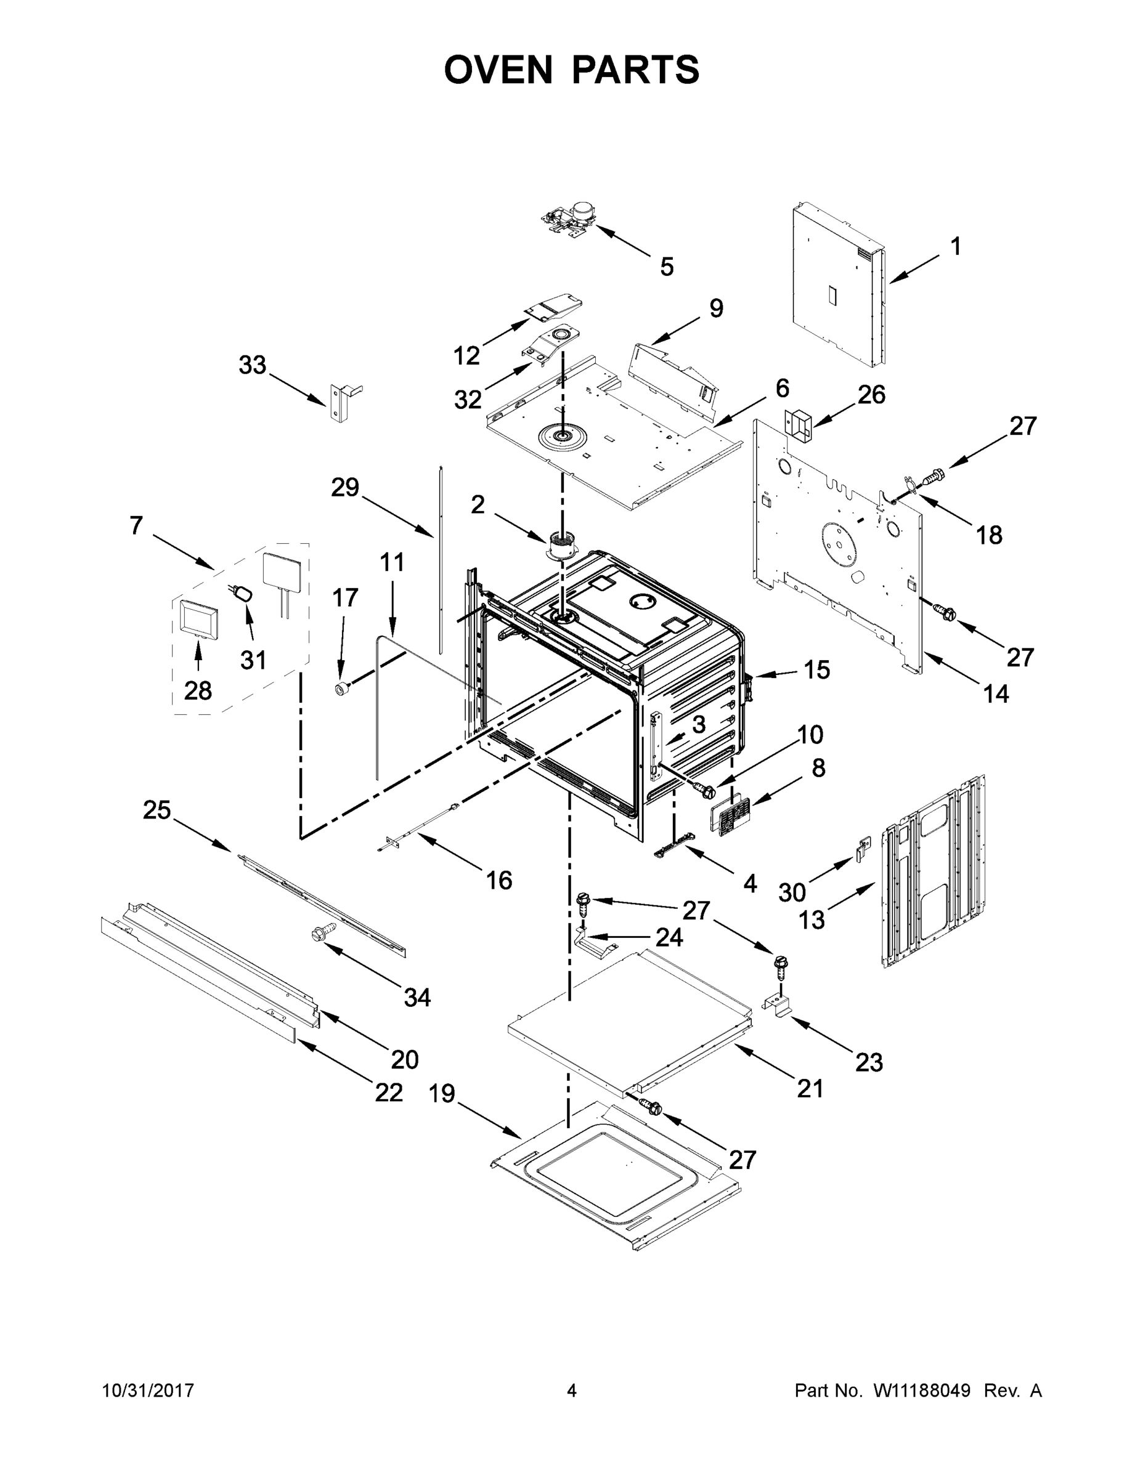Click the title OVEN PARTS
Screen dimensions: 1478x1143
(572, 70)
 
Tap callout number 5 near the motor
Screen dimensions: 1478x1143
(667, 267)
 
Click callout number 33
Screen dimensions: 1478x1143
(253, 365)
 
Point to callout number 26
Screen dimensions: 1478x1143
(871, 395)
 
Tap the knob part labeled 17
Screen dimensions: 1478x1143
(342, 689)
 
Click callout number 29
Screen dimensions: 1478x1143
(344, 487)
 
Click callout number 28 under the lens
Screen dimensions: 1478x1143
(198, 690)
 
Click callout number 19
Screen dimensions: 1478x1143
(442, 1093)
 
